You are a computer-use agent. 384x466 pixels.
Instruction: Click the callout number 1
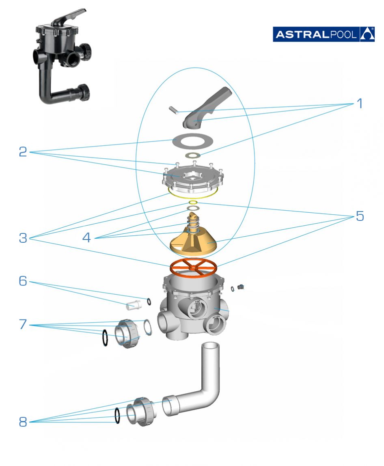[359, 104]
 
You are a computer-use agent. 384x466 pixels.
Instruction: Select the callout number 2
[23, 151]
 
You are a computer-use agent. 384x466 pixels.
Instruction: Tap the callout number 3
[23, 238]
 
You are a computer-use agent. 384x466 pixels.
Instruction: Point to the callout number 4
[86, 237]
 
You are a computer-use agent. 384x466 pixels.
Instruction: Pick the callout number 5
[360, 216]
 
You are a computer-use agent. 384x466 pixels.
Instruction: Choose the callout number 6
[23, 280]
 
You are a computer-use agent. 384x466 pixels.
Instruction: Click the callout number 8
[23, 422]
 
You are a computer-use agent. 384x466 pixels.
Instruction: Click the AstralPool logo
[323, 34]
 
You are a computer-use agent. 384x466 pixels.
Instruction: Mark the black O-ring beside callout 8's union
[117, 416]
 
